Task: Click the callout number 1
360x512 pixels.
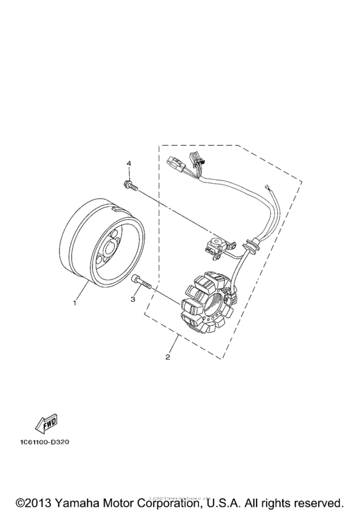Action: tap(75, 301)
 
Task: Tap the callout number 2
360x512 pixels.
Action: tap(168, 357)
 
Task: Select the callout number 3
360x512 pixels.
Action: tap(134, 299)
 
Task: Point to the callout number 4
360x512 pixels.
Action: tap(129, 164)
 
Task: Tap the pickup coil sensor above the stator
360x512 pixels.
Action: tap(215, 244)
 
